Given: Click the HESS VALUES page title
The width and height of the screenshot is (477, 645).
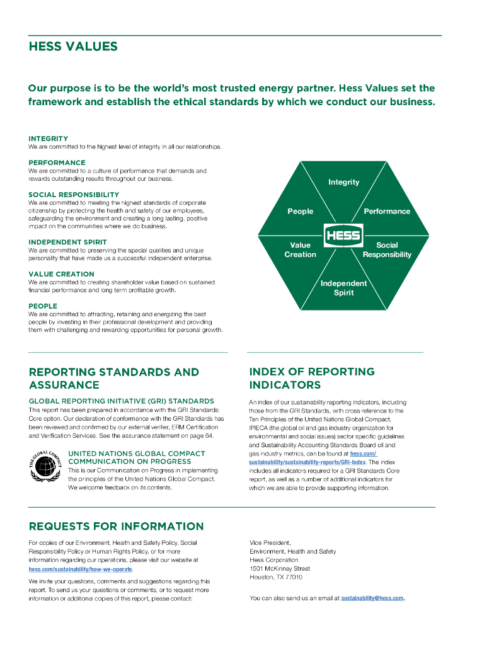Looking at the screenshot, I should (x=73, y=47).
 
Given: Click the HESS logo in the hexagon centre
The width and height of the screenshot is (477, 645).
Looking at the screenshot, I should (x=343, y=236).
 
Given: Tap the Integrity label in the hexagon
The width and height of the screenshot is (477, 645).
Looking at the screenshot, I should (x=343, y=182).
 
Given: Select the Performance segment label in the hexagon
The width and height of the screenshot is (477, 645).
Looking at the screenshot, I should (x=387, y=212).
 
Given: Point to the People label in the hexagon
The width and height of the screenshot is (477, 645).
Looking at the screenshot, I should (x=300, y=212).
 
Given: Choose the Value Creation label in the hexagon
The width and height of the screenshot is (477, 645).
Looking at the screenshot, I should (x=300, y=249).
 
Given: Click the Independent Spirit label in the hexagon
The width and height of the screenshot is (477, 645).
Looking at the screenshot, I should (x=343, y=288).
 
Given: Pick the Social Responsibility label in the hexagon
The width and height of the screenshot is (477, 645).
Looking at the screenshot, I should (x=387, y=249).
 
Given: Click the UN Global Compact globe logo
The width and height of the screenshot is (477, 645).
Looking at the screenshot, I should (x=45, y=465).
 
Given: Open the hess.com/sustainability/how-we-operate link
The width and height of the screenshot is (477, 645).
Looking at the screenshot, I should (x=81, y=569).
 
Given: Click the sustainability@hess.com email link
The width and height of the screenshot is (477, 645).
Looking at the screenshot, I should (x=372, y=598).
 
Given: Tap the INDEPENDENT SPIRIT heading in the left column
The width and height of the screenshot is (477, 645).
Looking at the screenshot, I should (x=67, y=242).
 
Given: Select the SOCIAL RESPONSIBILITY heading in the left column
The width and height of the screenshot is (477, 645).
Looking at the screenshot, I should (x=74, y=195).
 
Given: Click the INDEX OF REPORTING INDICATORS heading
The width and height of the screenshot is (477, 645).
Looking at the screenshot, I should (x=311, y=378).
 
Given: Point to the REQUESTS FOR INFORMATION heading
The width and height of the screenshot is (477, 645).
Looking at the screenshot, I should (x=117, y=526).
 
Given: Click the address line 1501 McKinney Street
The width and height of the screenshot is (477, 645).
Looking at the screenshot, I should (x=280, y=568).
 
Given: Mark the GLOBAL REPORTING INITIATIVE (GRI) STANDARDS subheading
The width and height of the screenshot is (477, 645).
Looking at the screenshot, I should (x=122, y=401).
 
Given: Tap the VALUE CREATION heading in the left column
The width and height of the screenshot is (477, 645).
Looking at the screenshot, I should (x=61, y=274).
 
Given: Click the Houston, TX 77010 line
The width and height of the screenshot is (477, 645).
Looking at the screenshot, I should (x=276, y=577).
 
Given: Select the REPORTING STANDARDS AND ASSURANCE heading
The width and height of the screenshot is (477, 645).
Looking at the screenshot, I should (x=114, y=378).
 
